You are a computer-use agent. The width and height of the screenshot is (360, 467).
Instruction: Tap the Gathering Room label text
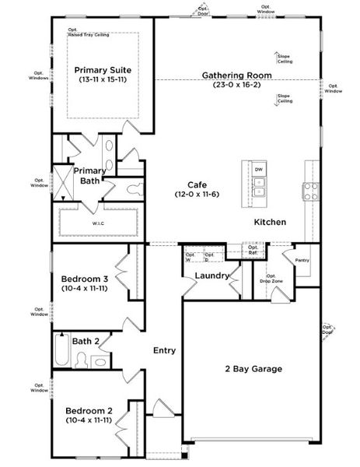pyautogui.click(x=236, y=75)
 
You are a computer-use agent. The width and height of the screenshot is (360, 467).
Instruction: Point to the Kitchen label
pyautogui.click(x=270, y=223)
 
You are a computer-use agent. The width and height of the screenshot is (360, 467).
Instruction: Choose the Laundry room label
pyautogui.click(x=211, y=276)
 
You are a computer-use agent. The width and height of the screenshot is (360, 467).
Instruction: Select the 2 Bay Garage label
pyautogui.click(x=253, y=369)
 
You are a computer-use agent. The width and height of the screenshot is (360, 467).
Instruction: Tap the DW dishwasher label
pyautogui.click(x=259, y=169)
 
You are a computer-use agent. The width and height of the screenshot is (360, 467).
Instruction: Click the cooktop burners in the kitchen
pyautogui.click(x=310, y=191)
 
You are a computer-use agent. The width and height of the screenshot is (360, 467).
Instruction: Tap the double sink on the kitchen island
pyautogui.click(x=259, y=187)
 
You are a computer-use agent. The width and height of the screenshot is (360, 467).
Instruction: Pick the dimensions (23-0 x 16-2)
pyautogui.click(x=236, y=84)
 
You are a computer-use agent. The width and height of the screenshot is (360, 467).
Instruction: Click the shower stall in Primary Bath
pyautogui.click(x=61, y=182)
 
